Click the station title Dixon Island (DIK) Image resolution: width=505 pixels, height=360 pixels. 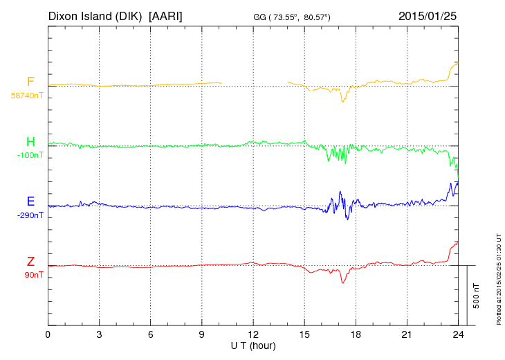(95, 15)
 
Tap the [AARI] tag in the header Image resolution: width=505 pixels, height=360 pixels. (166, 15)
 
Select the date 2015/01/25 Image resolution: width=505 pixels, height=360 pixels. (428, 15)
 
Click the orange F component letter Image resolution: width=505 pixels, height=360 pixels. (30, 82)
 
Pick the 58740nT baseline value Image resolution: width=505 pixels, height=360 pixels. (26, 96)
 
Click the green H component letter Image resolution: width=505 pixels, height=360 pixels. (30, 143)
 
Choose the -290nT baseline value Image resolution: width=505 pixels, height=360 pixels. (30, 215)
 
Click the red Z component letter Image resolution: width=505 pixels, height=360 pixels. (30, 262)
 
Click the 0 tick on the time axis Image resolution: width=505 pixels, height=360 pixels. (48, 334)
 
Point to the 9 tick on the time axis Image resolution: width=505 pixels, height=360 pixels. (201, 334)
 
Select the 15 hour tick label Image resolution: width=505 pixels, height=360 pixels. (304, 334)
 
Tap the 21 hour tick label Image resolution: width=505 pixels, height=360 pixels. (406, 334)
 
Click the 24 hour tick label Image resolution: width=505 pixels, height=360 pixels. (457, 334)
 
